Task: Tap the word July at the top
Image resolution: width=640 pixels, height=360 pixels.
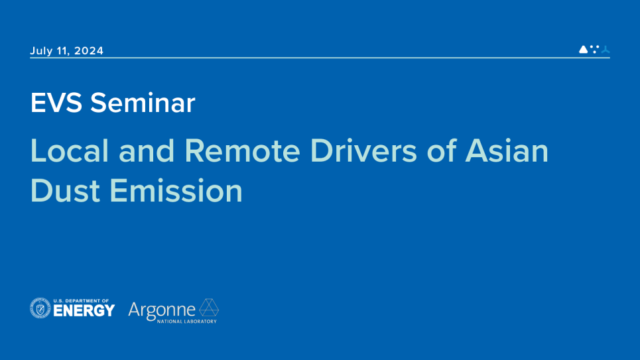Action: [41, 51]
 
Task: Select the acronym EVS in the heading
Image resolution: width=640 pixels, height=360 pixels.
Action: [56, 103]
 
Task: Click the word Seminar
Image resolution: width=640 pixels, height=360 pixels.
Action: [143, 103]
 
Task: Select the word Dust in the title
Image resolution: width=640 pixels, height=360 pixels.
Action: [65, 191]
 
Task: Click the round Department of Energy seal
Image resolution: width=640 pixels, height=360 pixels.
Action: [40, 308]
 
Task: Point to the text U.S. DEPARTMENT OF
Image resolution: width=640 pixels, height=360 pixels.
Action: [81, 300]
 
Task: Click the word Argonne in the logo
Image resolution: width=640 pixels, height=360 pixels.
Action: [162, 309]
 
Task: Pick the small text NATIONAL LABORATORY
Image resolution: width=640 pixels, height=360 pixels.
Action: [186, 321]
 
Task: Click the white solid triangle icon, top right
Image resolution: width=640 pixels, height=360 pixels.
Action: [584, 49]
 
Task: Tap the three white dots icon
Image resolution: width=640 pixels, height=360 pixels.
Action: [594, 48]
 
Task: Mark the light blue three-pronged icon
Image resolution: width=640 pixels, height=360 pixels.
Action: [605, 49]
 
